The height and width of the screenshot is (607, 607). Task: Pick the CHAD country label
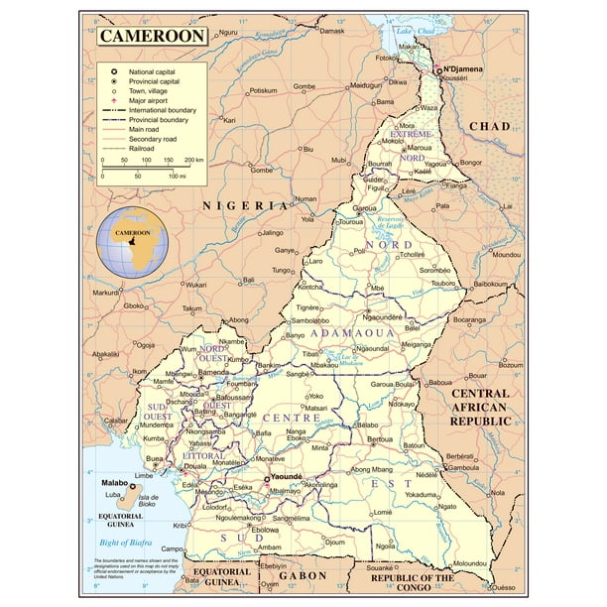[489, 126]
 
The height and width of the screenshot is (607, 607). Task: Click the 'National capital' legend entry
[155, 72]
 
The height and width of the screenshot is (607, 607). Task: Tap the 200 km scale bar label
[194, 159]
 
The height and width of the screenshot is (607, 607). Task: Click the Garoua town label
[366, 209]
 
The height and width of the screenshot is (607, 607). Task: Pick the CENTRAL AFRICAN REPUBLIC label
[479, 407]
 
